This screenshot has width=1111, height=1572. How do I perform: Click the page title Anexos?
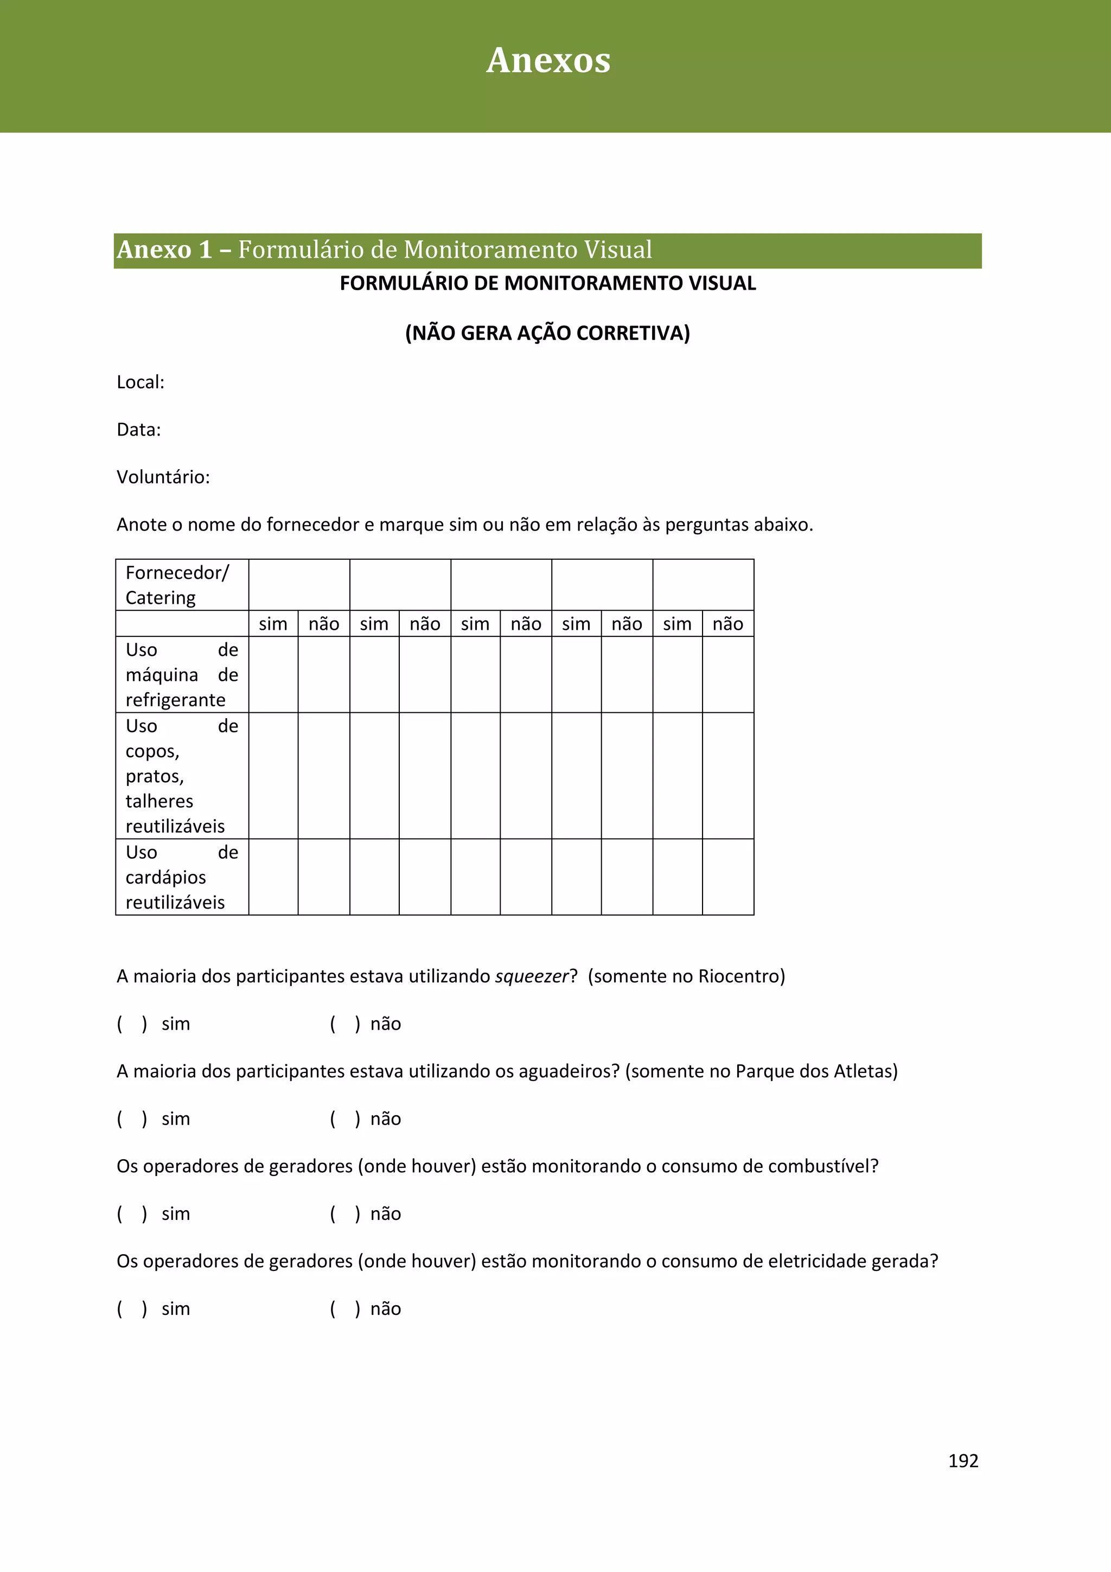(548, 60)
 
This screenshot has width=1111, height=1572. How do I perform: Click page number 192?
(962, 1460)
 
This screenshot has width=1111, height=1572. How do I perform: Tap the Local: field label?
(141, 382)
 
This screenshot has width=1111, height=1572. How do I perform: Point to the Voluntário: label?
(163, 477)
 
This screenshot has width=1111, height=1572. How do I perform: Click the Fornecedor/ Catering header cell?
(177, 585)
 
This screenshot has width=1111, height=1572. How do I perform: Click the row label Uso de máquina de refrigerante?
(181, 674)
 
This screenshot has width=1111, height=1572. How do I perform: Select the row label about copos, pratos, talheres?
(181, 776)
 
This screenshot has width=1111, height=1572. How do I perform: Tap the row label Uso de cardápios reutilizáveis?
(181, 877)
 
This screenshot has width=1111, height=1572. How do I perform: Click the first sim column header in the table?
(272, 624)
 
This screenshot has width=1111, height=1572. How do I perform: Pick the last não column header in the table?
(727, 624)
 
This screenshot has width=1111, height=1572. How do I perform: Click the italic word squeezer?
(532, 976)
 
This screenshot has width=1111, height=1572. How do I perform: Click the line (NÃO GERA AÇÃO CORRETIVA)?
(547, 334)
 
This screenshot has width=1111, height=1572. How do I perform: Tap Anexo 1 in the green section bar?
(164, 250)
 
